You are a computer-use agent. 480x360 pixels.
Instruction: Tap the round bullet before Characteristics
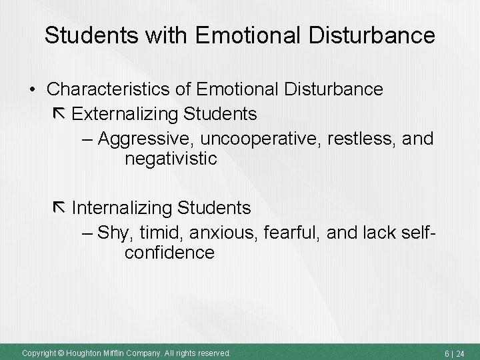(x=32, y=89)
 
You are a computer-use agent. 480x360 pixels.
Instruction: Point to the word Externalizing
(x=125, y=114)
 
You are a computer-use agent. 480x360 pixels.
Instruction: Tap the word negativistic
(x=170, y=159)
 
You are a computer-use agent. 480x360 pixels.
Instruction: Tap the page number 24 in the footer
(x=460, y=353)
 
